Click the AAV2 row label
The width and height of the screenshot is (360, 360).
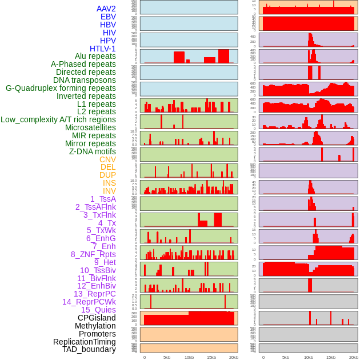106,9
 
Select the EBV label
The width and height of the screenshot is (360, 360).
108,17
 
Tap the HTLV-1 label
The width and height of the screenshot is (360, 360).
103,49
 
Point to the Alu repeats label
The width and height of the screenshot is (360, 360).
95,57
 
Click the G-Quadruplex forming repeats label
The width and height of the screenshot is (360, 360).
61,88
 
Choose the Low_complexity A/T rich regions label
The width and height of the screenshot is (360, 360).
58,119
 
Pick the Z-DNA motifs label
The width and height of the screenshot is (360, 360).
93,151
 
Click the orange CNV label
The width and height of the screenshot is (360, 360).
107,159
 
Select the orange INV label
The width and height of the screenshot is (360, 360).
109,191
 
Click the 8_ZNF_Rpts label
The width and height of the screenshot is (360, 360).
93,254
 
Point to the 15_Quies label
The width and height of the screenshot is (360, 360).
98,310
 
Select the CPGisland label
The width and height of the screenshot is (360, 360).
97,318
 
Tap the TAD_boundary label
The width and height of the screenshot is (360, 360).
89,349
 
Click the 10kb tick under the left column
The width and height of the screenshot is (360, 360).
189,358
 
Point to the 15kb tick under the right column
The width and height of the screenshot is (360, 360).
331,358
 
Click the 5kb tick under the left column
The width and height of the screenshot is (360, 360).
167,358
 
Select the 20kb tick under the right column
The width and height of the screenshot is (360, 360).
353,358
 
